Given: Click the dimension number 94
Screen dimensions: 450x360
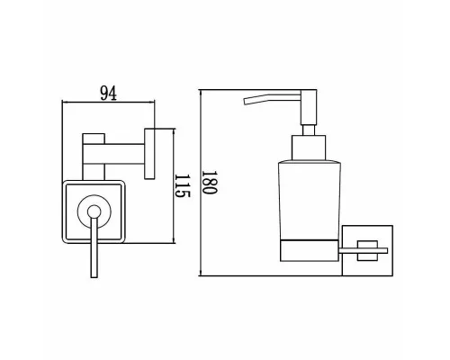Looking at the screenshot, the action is (x=108, y=93).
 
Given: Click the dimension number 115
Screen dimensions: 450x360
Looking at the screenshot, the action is (x=183, y=185).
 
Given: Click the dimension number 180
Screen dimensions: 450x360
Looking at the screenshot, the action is (x=209, y=183).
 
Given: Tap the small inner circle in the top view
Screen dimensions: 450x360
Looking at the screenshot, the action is (x=94, y=211).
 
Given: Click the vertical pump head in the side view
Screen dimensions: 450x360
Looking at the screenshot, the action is (x=309, y=107).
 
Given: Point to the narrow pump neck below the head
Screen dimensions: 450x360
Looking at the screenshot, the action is (x=309, y=130).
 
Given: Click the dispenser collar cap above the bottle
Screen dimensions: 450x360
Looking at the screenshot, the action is (x=309, y=148).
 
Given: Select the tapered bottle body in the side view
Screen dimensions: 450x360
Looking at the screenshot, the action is (x=310, y=201).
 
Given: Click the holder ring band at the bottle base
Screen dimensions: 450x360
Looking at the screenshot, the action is (x=310, y=250).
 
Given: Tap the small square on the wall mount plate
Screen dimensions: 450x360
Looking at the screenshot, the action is (x=367, y=250).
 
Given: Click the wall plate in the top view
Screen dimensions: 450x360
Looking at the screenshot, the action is (x=149, y=154).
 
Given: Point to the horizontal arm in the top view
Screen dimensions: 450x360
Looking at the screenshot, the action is (x=113, y=154).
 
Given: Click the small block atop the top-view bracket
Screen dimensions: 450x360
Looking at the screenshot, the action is (x=94, y=139).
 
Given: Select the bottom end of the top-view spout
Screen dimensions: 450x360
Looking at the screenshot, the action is (x=94, y=277).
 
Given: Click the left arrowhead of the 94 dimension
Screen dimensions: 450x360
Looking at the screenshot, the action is (x=64, y=103).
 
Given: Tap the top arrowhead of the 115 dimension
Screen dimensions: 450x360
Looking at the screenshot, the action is (x=174, y=131).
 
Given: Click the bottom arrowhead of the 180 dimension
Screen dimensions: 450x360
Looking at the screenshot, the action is (x=200, y=273).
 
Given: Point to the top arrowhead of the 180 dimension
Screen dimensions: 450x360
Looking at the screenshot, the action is (x=200, y=93).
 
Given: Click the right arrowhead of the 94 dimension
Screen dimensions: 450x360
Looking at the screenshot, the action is (x=152, y=103).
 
